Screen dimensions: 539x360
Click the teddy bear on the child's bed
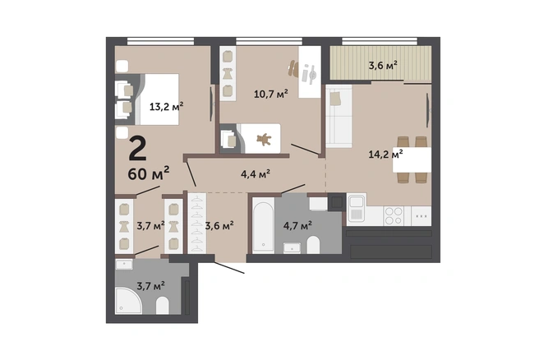point(264,139)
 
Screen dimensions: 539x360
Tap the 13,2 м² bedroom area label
point(166,106)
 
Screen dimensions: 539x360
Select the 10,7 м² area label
point(271,93)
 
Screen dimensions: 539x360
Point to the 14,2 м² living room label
point(385,154)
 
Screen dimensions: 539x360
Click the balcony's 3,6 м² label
point(383,65)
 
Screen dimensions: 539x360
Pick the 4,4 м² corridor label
point(255,174)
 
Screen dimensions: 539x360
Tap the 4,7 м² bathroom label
point(297,225)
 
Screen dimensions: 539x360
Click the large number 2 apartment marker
point(138,149)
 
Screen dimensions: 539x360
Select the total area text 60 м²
point(149,173)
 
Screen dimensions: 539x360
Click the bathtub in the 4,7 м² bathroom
point(263,225)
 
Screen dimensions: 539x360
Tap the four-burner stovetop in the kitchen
point(394,216)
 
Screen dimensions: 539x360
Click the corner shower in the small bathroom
point(128,301)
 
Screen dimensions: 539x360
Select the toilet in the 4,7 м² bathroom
point(313,245)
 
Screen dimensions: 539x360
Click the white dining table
point(412,160)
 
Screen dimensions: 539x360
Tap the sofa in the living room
point(339,117)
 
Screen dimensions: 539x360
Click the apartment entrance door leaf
point(229,268)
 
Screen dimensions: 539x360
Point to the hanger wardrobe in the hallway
point(197,224)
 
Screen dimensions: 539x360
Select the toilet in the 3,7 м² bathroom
point(163,305)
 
